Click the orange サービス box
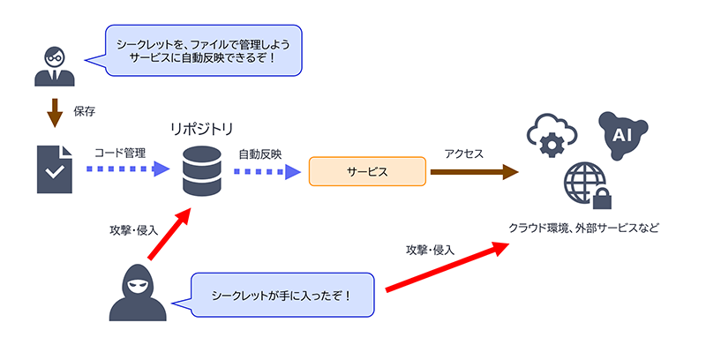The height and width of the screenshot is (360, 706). point(367,170)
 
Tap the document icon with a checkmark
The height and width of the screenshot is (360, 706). point(56,169)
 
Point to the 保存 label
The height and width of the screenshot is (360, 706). point(85,112)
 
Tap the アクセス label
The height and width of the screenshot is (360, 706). point(464,153)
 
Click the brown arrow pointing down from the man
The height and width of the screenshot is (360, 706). point(55,112)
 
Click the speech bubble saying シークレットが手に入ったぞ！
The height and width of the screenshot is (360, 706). point(282,294)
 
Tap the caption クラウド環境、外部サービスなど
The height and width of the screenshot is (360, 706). point(583,228)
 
